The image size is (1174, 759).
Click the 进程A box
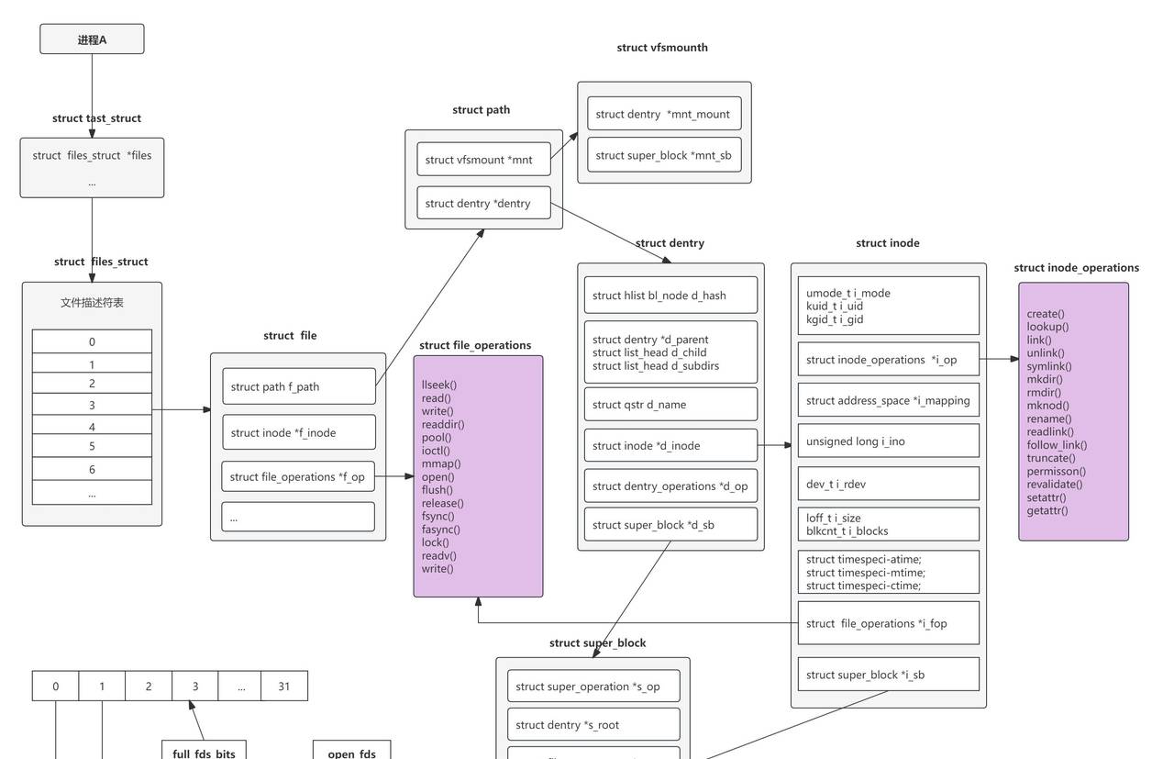(92, 39)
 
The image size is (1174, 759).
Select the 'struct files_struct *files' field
(92, 155)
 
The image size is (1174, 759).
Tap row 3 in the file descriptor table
(92, 405)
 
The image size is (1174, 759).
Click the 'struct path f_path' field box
(299, 386)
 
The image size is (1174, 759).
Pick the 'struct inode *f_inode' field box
(299, 432)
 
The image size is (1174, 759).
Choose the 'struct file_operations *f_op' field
(298, 476)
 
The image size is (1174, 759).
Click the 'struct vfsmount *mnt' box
(483, 160)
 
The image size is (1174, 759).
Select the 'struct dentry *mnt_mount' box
(664, 114)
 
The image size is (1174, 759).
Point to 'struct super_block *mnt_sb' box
(664, 155)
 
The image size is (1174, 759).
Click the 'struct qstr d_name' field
(670, 404)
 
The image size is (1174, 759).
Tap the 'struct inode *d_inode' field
(670, 445)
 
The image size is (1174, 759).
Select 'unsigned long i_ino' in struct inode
(888, 441)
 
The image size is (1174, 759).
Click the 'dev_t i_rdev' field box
(888, 484)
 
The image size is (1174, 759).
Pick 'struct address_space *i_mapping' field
(888, 400)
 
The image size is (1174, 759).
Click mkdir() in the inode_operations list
(1045, 379)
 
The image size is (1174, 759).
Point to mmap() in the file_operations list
(441, 463)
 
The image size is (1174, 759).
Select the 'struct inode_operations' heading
(1076, 268)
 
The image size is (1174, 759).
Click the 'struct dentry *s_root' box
(593, 724)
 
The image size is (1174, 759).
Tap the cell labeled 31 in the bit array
(284, 686)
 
